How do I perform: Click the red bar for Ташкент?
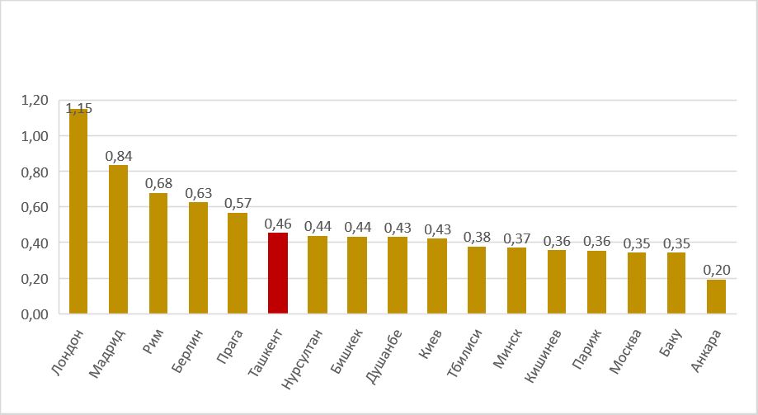click(278, 273)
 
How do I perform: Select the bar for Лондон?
click(78, 211)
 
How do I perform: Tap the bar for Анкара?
click(716, 296)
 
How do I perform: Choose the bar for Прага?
click(238, 263)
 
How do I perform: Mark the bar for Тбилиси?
click(477, 280)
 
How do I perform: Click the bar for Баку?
click(676, 283)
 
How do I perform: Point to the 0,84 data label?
click(119, 155)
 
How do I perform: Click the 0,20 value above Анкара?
click(716, 270)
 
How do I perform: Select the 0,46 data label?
click(278, 223)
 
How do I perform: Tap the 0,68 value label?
click(158, 183)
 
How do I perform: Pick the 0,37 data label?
click(517, 238)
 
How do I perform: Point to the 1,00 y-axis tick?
click(35, 136)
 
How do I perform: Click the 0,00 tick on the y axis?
click(35, 314)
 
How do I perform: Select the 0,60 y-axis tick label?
click(35, 208)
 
